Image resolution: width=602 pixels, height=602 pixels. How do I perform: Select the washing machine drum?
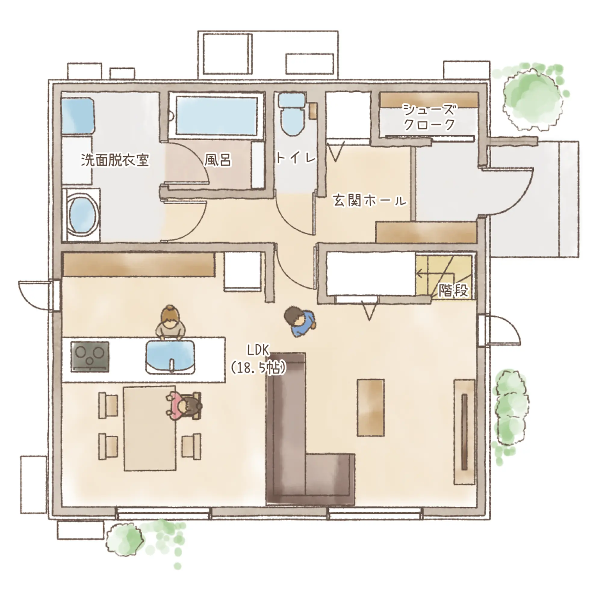(x=82, y=215)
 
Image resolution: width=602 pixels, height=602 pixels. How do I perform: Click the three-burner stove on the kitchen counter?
(x=90, y=357)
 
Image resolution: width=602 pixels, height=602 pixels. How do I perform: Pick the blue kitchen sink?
(x=171, y=356)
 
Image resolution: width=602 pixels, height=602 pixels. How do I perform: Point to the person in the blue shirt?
(x=300, y=322)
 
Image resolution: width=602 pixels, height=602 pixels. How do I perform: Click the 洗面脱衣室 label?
(x=115, y=160)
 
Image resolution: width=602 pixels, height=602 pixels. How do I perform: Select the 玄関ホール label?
(x=370, y=201)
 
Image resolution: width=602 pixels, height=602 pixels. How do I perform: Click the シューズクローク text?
(x=429, y=117)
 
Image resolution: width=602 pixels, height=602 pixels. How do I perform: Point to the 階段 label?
(x=453, y=291)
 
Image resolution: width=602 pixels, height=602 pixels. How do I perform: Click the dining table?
(x=150, y=428)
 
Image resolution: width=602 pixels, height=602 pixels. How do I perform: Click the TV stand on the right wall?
(x=464, y=432)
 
